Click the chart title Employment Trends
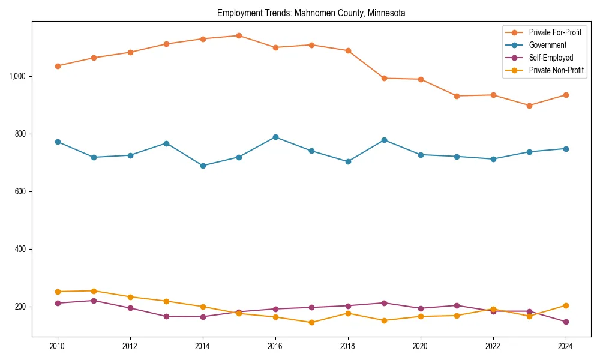click(311, 13)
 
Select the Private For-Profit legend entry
click(555, 32)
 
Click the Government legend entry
click(547, 45)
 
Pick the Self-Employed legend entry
click(551, 58)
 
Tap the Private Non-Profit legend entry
click(556, 70)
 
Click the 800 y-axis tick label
click(20, 134)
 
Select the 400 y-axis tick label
click(20, 249)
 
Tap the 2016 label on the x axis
click(275, 346)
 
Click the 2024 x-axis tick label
click(565, 346)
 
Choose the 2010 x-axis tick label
click(58, 346)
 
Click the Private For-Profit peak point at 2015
click(239, 35)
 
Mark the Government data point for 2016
click(275, 137)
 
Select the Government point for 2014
click(203, 166)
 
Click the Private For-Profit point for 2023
click(529, 106)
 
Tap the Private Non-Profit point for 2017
click(311, 322)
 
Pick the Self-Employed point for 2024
click(565, 322)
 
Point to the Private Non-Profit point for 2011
click(94, 291)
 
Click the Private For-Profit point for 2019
click(384, 78)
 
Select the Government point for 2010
click(58, 142)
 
